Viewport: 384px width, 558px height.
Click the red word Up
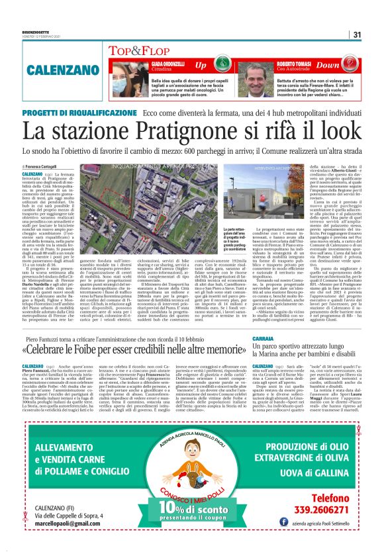pos(201,65)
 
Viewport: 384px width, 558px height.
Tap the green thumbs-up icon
pos(218,64)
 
